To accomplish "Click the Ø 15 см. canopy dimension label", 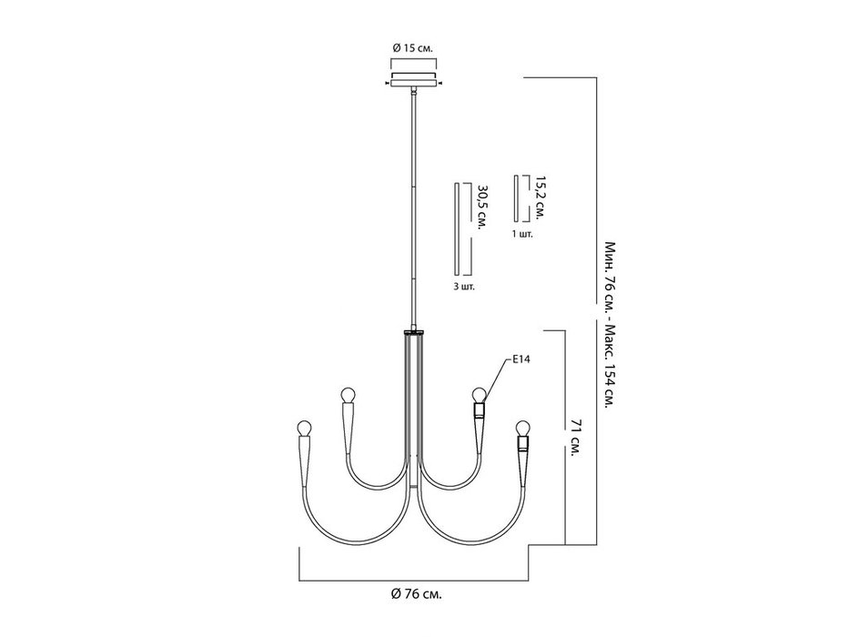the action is tap(412, 47).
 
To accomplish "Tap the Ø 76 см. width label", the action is tap(417, 594).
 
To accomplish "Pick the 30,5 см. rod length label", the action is tap(481, 208).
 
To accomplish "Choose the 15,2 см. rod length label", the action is tap(538, 196).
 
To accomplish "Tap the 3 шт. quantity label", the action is tap(463, 287).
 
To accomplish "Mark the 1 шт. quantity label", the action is tap(522, 235).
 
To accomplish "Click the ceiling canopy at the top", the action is tap(414, 80).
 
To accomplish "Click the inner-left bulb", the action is tap(348, 396).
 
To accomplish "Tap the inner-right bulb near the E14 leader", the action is tap(479, 395).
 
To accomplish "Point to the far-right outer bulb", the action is tap(522, 429).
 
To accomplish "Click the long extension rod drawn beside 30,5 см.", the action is tap(457, 230).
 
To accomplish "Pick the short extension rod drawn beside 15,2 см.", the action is tap(517, 198).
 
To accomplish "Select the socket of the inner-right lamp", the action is tap(480, 410).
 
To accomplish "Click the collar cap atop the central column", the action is tap(414, 331).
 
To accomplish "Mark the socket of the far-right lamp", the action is tap(522, 444).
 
